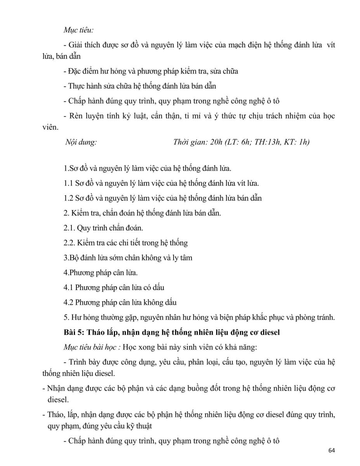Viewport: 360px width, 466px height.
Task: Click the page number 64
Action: pyautogui.click(x=331, y=450)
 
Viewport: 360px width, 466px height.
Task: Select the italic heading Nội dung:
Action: pyautogui.click(x=81, y=142)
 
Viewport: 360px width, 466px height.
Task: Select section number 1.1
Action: pyautogui.click(x=68, y=183)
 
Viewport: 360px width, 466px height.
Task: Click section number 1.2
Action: pyautogui.click(x=68, y=198)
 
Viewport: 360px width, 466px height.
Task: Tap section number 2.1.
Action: pyautogui.click(x=69, y=228)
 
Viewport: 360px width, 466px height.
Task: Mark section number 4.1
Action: pyautogui.click(x=68, y=287)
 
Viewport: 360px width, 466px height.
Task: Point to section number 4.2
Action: pyautogui.click(x=68, y=302)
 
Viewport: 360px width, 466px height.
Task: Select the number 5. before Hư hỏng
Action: pyautogui.click(x=66, y=317)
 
